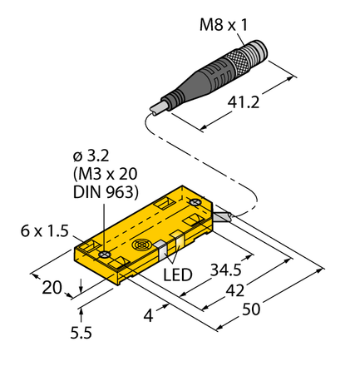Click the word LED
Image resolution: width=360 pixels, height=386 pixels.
coord(177,274)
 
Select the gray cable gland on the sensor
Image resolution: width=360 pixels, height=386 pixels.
coord(223,217)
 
